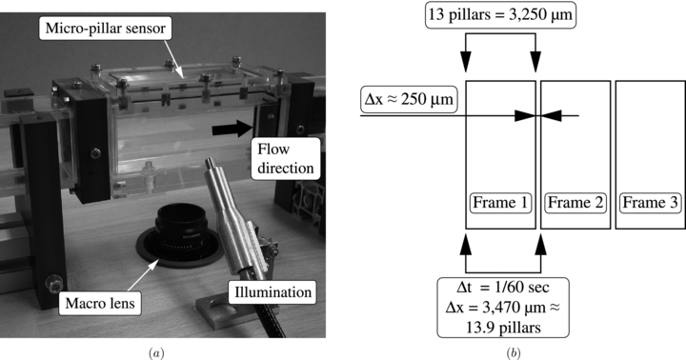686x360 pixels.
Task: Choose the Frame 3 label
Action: (649, 203)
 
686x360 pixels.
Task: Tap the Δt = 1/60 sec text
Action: (501, 284)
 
